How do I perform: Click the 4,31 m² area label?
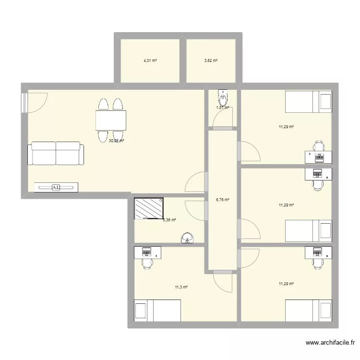tap(150, 61)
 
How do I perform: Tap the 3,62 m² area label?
tap(211, 61)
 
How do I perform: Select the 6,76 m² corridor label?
tap(223, 200)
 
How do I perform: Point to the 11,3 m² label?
tap(181, 287)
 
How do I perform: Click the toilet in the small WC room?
tap(223, 98)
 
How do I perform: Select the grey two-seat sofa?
tap(56, 154)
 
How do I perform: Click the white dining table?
tap(111, 120)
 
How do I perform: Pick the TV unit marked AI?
tap(56, 187)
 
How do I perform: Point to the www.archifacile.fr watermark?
tap(330, 343)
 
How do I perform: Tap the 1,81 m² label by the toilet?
tap(223, 108)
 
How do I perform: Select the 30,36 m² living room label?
tap(117, 141)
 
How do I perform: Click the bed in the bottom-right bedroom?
tap(309, 311)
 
